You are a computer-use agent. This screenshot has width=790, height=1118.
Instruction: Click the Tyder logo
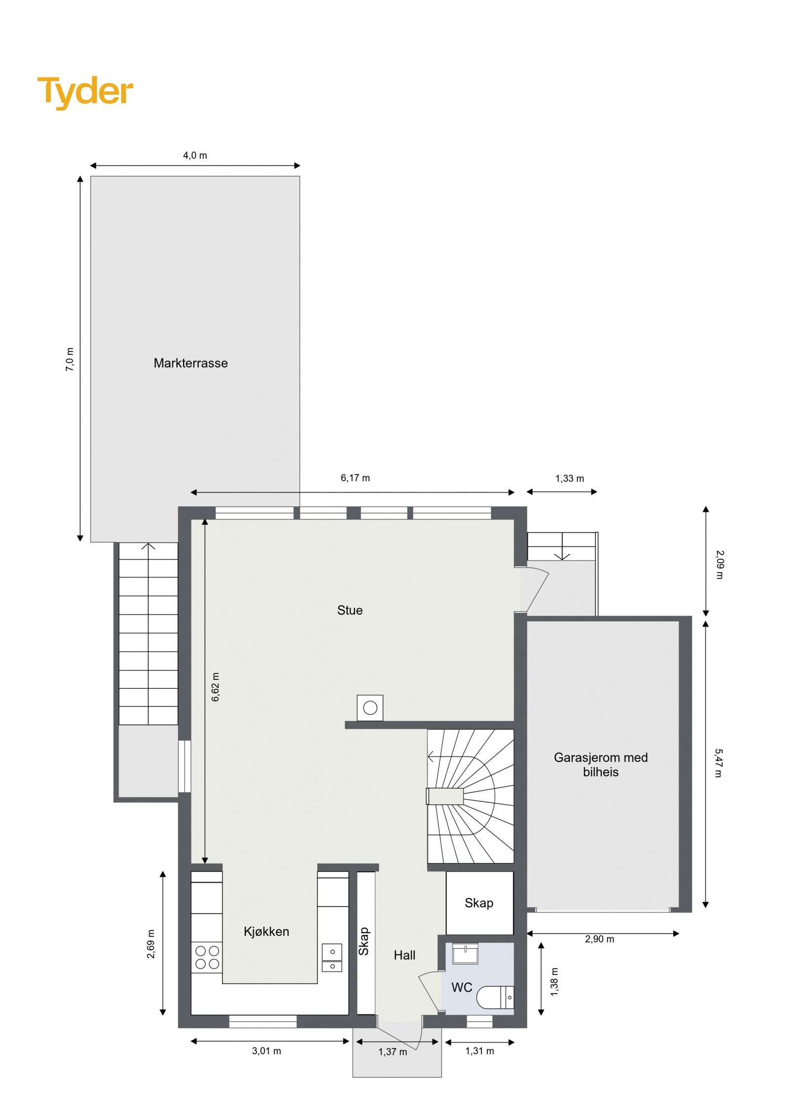85,92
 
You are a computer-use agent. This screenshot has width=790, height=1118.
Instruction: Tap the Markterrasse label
191,363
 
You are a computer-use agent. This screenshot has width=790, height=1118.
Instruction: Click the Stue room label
350,610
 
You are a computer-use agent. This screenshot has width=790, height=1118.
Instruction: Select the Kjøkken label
266,931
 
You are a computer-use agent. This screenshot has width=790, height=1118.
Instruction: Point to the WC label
462,987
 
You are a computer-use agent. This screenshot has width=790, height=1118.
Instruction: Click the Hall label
404,955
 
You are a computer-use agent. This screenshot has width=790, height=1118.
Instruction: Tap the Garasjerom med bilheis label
600,764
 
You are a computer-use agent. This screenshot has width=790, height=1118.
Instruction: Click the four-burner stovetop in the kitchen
207,957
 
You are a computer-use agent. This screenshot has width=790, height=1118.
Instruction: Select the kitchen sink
332,957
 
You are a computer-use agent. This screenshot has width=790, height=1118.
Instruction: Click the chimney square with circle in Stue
370,708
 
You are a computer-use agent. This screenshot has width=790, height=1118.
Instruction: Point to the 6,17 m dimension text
355,478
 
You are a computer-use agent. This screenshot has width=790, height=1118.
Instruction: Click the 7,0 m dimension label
70,359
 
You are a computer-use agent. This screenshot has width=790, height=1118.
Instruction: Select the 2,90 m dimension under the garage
599,939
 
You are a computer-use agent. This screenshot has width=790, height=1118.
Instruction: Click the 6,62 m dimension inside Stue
216,687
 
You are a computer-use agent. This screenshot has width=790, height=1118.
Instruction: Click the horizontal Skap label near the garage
479,903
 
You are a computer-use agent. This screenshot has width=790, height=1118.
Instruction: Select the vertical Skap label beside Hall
364,941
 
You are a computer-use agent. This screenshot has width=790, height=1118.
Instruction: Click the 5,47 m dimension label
718,763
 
